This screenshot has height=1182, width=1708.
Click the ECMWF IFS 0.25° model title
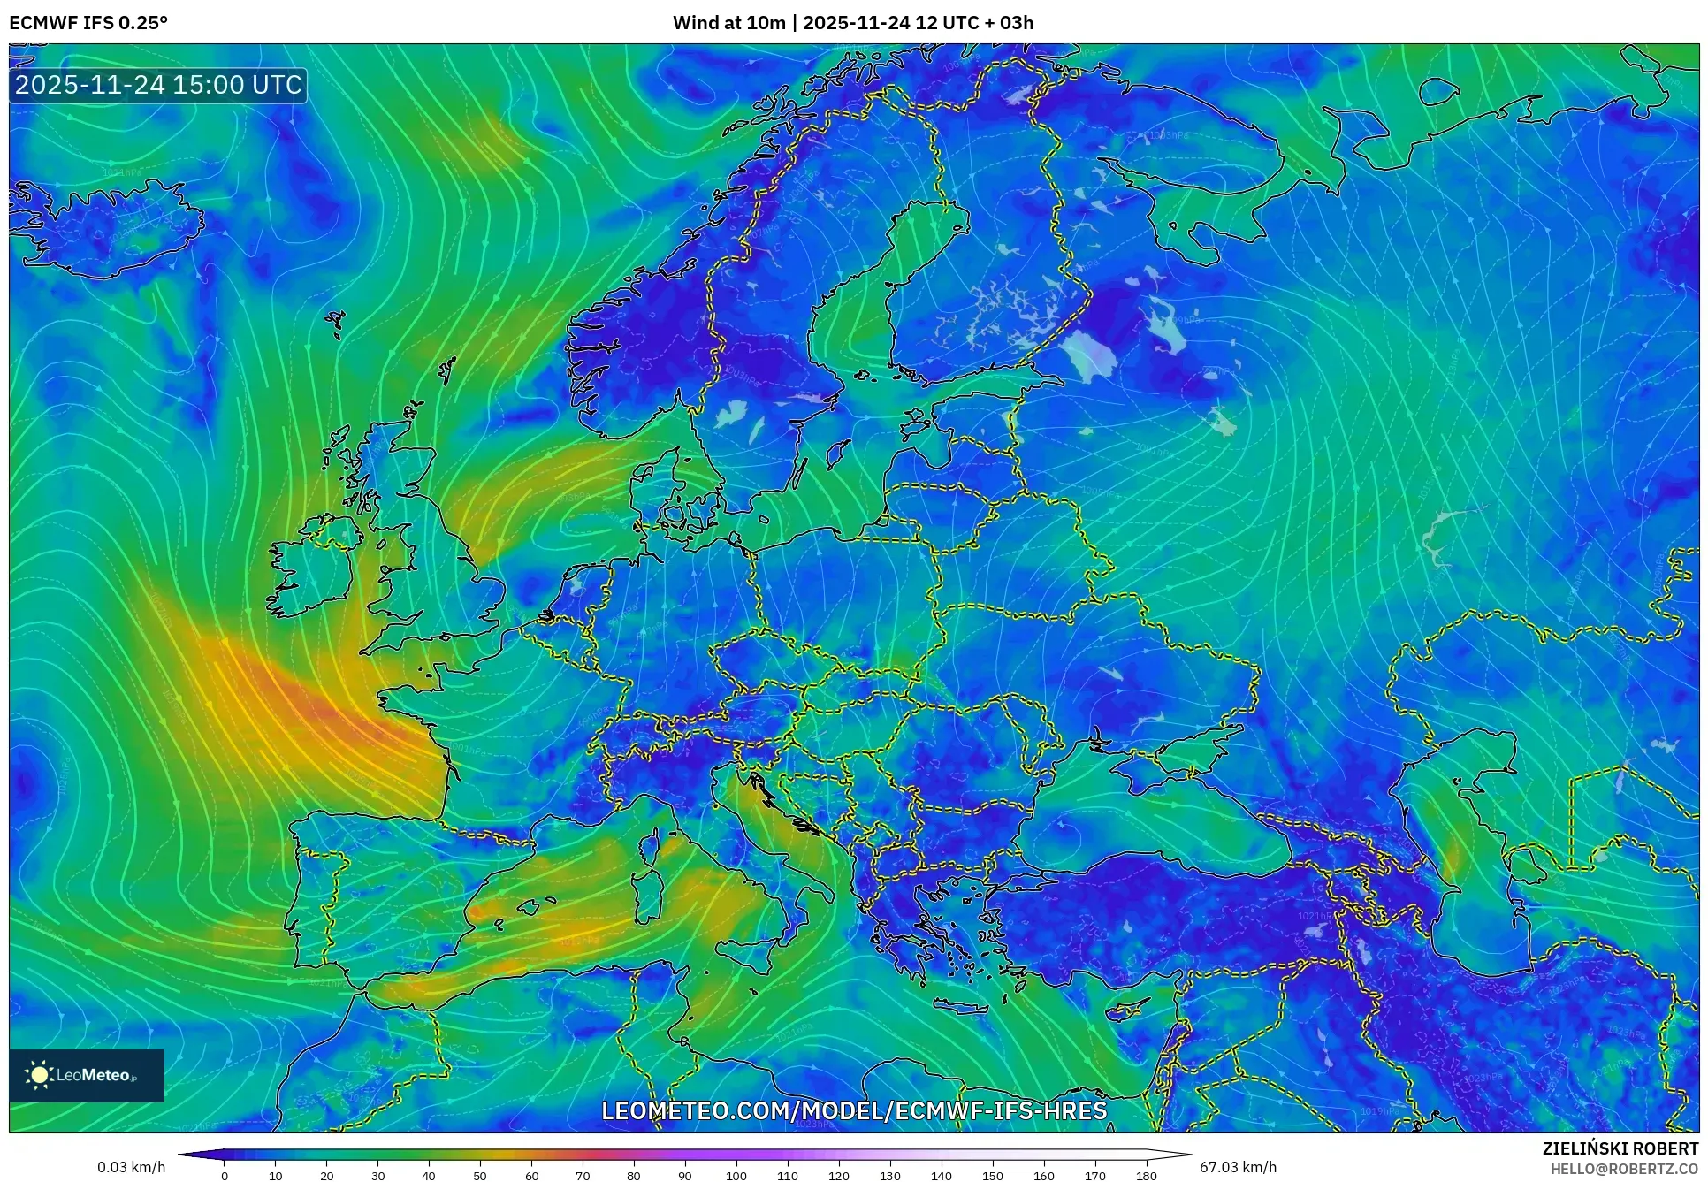(88, 23)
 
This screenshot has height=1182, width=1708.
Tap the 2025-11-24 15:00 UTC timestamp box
(158, 85)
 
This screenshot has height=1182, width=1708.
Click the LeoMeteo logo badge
(87, 1075)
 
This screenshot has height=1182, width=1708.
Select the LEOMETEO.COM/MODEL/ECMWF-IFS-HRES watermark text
(854, 1110)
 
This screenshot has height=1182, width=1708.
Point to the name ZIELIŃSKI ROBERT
(1620, 1148)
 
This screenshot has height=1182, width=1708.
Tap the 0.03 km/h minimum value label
(131, 1167)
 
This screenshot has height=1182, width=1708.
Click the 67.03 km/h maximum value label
(1238, 1167)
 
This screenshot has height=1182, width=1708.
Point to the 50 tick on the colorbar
(480, 1175)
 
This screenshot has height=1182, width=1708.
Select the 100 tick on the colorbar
(736, 1175)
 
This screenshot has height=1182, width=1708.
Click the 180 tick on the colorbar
(1146, 1175)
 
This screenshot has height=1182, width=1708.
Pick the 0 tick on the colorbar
(225, 1175)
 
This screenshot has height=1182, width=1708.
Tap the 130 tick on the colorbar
(890, 1175)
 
